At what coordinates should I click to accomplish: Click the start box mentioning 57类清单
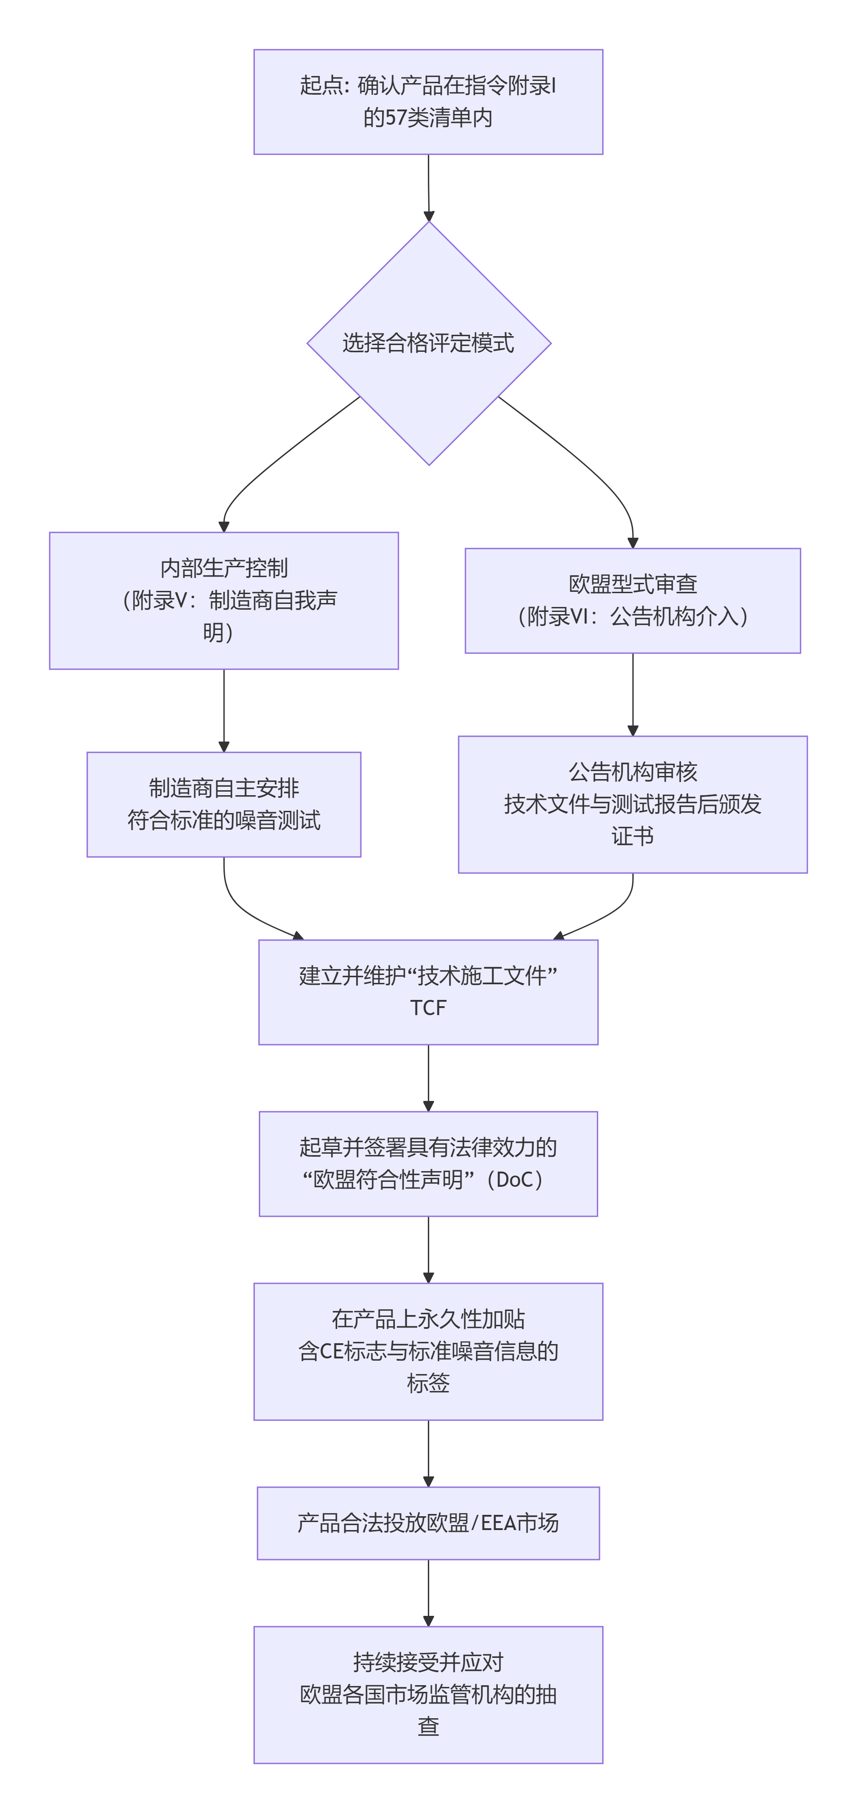coord(428,101)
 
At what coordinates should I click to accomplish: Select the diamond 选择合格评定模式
coord(428,343)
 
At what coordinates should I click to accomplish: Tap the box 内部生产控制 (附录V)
coord(224,600)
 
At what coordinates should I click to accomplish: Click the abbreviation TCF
coord(428,1008)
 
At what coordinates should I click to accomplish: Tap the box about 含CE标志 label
coord(428,1351)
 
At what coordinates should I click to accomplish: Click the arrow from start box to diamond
coord(428,186)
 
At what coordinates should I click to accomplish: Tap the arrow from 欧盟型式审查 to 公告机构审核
coord(633,693)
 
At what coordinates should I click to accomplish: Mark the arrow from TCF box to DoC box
coord(428,1077)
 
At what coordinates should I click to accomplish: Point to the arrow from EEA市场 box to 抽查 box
coord(428,1592)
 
